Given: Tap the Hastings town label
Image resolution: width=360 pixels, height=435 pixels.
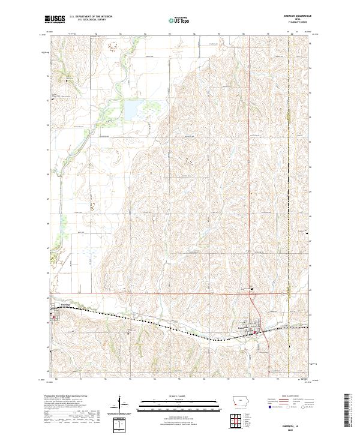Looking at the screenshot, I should tap(58, 305).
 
